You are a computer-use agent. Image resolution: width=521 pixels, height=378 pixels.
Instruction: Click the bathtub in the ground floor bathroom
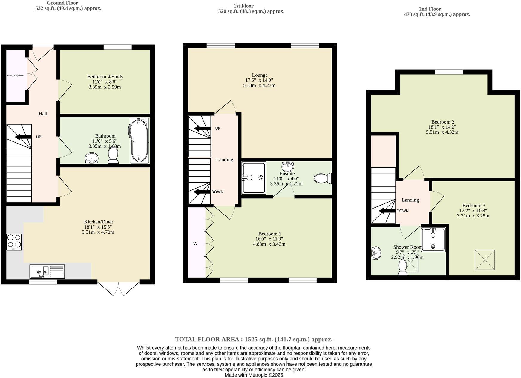(139, 140)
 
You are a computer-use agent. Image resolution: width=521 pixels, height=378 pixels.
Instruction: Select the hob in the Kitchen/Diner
(14, 242)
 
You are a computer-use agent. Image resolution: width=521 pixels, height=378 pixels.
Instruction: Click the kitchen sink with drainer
(47, 271)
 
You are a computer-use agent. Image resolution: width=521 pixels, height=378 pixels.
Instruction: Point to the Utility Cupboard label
(15, 75)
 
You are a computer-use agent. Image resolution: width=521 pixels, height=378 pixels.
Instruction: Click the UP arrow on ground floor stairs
(23, 137)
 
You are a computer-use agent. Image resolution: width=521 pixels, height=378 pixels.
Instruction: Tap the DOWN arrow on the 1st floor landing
(202, 192)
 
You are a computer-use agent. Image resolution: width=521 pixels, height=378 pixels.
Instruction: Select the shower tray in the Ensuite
(254, 178)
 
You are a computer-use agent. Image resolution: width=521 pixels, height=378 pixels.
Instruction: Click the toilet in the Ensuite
(323, 178)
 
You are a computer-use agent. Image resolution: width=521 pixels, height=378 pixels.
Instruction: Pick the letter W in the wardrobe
(195, 243)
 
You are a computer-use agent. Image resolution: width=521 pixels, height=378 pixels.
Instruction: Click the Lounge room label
(260, 75)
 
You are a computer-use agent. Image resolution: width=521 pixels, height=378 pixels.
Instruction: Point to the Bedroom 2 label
(442, 122)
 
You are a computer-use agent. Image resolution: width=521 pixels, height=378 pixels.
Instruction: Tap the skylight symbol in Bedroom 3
(485, 260)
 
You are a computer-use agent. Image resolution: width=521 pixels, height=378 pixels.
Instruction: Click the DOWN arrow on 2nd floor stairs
(387, 211)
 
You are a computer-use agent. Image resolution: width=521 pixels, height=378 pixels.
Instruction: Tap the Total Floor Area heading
(254, 339)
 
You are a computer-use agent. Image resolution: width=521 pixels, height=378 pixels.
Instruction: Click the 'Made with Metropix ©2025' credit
(254, 375)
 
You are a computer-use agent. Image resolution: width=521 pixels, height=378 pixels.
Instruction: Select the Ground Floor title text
(62, 3)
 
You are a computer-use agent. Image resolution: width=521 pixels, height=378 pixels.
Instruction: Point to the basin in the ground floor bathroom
(91, 158)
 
